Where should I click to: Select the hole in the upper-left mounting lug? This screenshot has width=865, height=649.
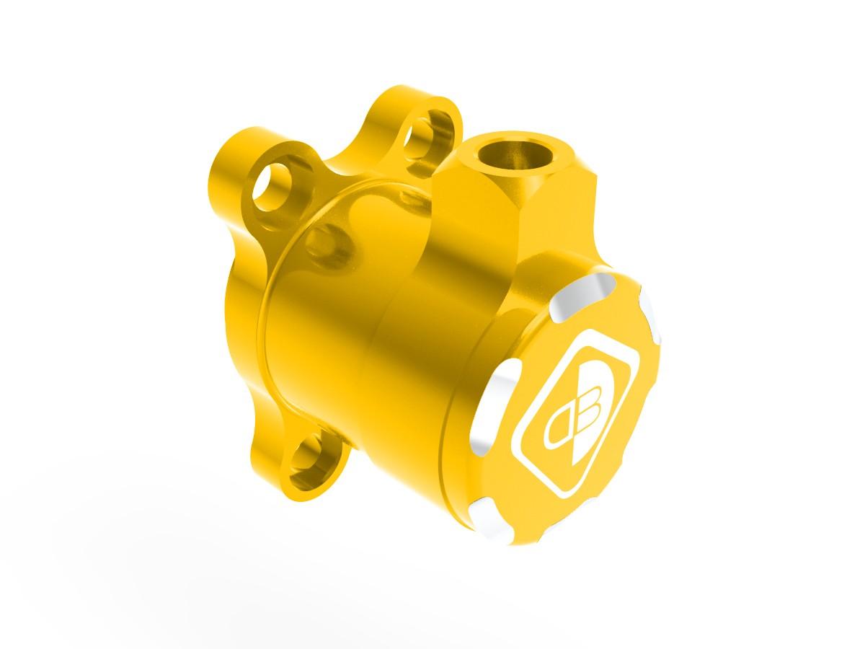[x=273, y=187]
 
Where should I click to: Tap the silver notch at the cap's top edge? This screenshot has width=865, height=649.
[x=590, y=289]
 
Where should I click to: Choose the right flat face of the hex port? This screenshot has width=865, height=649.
[x=559, y=209]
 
